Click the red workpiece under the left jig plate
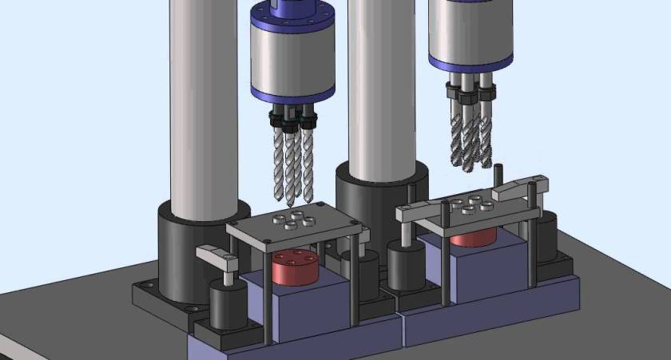295,270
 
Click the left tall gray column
205,104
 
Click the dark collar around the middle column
375,200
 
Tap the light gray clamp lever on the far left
218,256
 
